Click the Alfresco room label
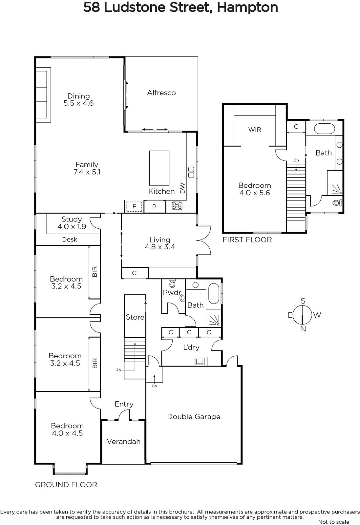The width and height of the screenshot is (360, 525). (161, 93)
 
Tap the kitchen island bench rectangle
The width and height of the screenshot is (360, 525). (159, 168)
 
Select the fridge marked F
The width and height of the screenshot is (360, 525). (134, 206)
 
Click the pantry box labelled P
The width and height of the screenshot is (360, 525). (155, 207)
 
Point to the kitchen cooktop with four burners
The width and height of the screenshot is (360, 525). (177, 206)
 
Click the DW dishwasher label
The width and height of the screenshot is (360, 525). (182, 188)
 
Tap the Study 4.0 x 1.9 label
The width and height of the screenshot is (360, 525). (72, 223)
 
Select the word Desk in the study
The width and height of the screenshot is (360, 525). (70, 239)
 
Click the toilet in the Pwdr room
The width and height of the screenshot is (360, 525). (173, 283)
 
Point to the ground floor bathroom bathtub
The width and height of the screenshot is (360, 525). (214, 293)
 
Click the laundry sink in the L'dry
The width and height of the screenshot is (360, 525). (200, 361)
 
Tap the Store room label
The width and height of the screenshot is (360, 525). (135, 317)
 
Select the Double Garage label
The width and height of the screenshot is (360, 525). (194, 416)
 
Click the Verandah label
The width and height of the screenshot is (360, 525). (123, 441)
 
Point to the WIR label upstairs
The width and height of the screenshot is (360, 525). (255, 130)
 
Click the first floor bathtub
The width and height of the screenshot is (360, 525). (324, 129)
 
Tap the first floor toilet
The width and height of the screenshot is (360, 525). (337, 202)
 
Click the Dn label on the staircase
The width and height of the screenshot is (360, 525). (296, 160)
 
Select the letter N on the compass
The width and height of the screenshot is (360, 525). (303, 329)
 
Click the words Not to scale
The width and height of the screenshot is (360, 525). (334, 522)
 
